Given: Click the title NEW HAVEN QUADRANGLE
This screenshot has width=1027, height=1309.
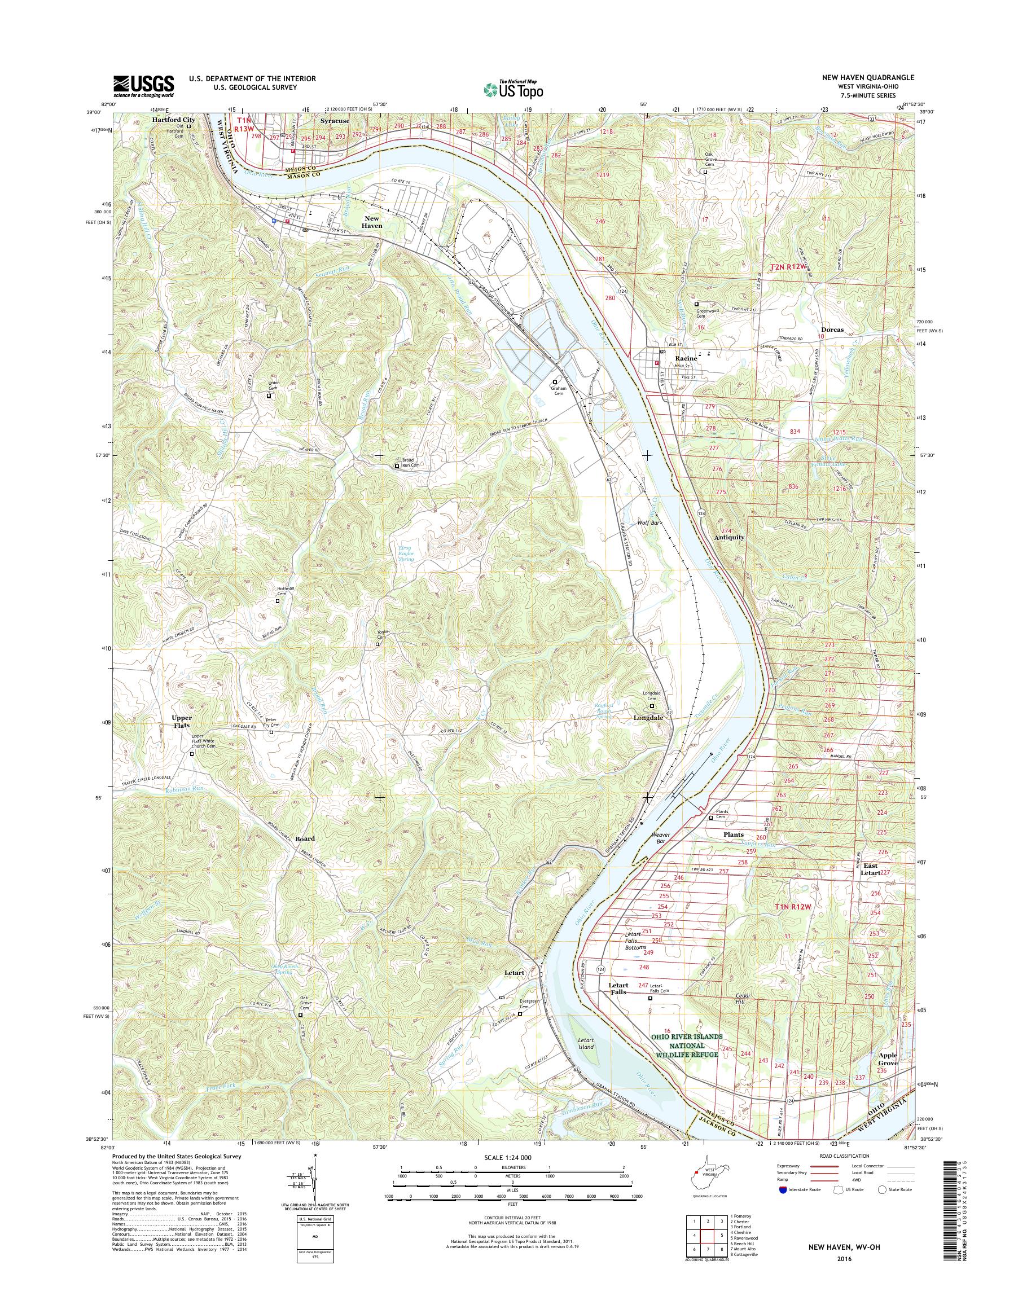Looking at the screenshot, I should point(871,77).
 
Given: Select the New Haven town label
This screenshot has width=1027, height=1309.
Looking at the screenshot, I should point(372,221).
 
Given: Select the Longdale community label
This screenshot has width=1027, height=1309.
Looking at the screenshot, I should point(648,718).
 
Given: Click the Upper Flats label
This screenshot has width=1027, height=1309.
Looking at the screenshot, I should point(182,722).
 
